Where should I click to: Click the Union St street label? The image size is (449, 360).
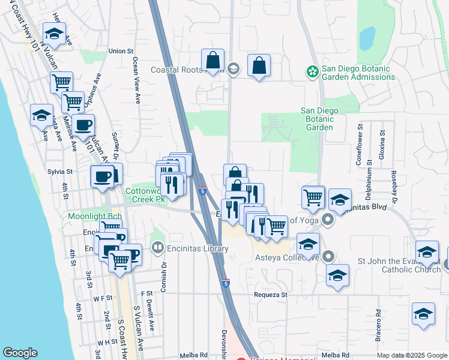point(121,52)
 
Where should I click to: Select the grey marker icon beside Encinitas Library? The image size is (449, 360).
point(158,247)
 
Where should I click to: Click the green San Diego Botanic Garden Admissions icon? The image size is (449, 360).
point(312,72)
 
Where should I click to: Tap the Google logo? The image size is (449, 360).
point(20,353)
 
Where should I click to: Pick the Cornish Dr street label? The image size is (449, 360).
point(163,275)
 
